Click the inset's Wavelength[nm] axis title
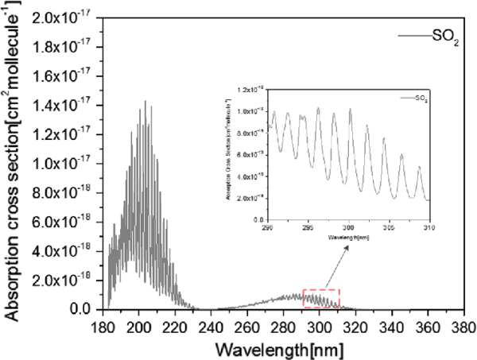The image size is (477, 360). [x=348, y=236]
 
